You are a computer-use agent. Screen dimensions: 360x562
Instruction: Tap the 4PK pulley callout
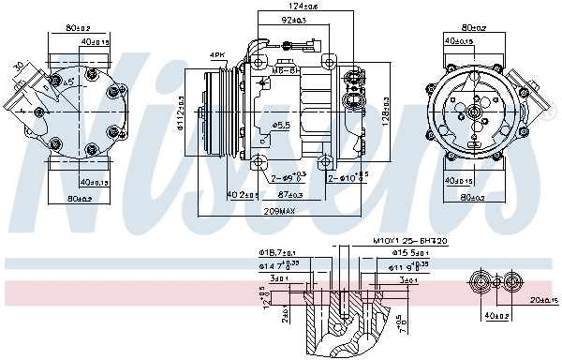[217, 56]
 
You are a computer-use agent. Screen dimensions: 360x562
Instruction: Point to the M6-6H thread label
[285, 69]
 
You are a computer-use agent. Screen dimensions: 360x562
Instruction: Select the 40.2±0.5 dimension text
[242, 194]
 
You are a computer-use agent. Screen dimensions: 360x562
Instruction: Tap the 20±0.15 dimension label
[540, 299]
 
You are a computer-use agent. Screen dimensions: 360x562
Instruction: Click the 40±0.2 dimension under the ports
[496, 316]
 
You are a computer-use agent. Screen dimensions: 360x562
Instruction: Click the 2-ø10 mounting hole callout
[348, 177]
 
